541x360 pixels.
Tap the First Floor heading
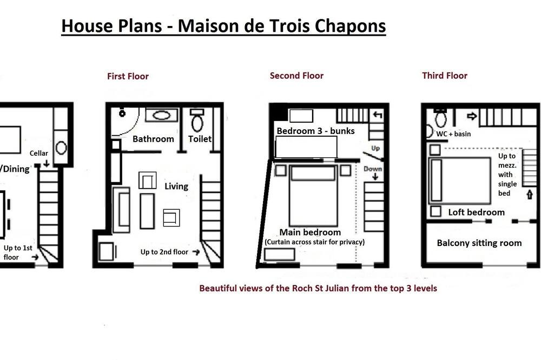[x=128, y=76]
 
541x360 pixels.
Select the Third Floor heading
[x=445, y=76]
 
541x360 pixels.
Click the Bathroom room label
[x=153, y=139]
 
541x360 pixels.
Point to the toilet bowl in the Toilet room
[x=197, y=123]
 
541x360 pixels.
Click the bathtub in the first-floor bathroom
[x=161, y=115]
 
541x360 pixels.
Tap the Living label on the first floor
[x=176, y=186]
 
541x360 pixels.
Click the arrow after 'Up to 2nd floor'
[x=196, y=252]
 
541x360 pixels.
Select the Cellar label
[x=38, y=153]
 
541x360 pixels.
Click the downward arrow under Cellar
[x=46, y=163]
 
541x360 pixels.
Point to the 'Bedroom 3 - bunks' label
[x=316, y=131]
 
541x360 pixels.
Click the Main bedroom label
[x=310, y=232]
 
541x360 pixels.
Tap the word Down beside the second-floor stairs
[x=373, y=169]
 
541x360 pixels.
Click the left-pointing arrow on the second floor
[x=378, y=115]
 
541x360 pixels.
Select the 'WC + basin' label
[x=453, y=134]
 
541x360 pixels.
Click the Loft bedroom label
[x=476, y=212]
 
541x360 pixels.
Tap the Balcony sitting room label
[x=479, y=243]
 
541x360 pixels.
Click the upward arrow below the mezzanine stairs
[x=530, y=194]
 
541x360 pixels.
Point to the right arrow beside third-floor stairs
[x=472, y=116]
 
